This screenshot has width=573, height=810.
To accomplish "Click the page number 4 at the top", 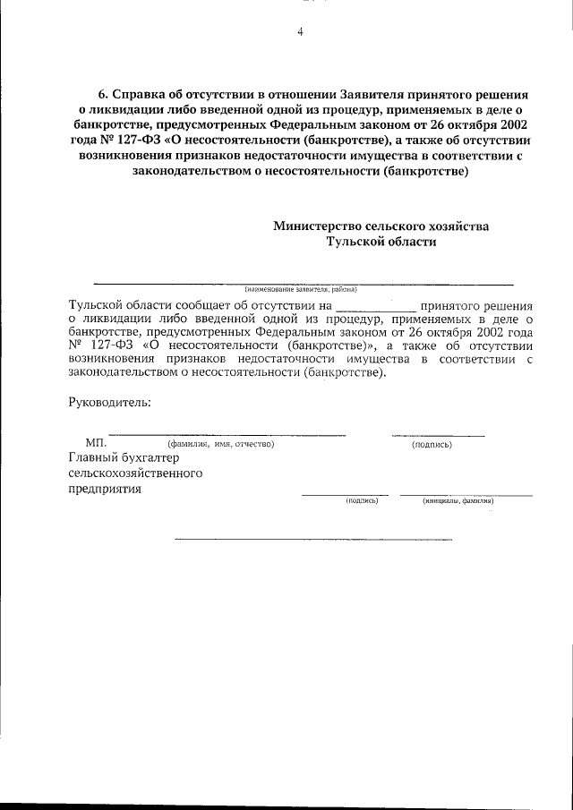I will pyautogui.click(x=300, y=32).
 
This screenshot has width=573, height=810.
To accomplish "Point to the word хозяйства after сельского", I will pyautogui.click(x=456, y=226).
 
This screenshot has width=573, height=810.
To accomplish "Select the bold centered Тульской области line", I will pyautogui.click(x=381, y=242).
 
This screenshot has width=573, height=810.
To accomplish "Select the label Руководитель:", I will pyautogui.click(x=109, y=401).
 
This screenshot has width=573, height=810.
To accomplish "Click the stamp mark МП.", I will pyautogui.click(x=96, y=443).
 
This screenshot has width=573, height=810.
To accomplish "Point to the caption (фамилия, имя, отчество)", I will pyautogui.click(x=220, y=444).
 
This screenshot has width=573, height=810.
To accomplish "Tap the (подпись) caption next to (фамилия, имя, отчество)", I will pyautogui.click(x=432, y=444).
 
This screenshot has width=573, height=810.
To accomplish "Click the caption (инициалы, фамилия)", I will pyautogui.click(x=458, y=501).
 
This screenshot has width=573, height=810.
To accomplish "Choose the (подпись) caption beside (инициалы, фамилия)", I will pyautogui.click(x=363, y=501).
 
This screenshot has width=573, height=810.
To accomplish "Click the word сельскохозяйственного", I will pyautogui.click(x=136, y=473).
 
